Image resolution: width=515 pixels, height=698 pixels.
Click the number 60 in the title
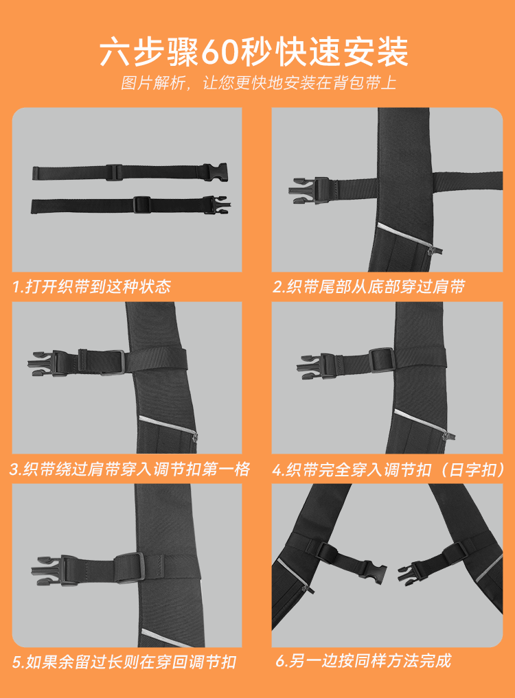pos(220,53)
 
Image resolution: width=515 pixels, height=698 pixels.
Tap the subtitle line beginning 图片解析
pos(258,83)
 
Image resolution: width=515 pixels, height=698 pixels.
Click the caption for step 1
pos(91,286)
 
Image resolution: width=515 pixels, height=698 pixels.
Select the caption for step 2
pos(369,287)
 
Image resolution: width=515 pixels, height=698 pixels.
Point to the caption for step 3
pos(130,469)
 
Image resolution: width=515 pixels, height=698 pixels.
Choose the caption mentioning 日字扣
pos(389,469)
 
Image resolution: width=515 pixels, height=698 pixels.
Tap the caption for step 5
pos(124,662)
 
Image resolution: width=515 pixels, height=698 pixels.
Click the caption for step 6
pos(363,661)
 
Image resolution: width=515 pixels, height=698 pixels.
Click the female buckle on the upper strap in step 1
pos(215,172)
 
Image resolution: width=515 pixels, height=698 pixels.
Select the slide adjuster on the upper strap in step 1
pos(114,172)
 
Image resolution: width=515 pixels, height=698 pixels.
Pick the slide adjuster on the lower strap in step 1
pos(141,205)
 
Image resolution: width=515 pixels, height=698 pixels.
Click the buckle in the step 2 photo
pos(309,191)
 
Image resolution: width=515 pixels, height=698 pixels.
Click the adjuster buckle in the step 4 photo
pos(382,360)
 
